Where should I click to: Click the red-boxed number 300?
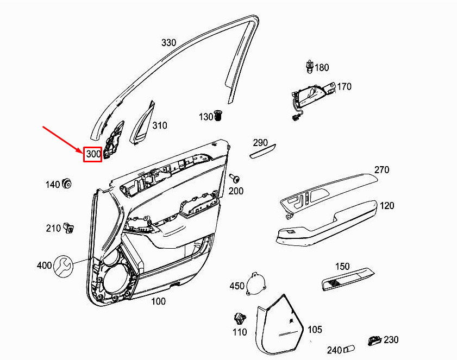coord(93,154)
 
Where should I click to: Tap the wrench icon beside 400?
coord(64,266)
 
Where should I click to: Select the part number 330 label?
coord(169,42)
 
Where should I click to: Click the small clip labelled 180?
coord(310,67)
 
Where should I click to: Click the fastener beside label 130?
coord(218,115)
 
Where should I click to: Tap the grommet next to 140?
coord(67,184)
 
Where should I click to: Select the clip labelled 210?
coord(68,228)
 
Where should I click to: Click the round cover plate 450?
coord(256,283)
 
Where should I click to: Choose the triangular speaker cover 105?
coord(280,325)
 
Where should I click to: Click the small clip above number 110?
coord(240,319)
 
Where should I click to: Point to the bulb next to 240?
coord(349,349)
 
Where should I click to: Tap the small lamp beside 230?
coord(374,340)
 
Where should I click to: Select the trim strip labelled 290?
coord(262,151)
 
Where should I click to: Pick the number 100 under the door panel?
coord(158,301)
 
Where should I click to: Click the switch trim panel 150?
coord(348,279)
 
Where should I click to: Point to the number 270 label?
coord(381,169)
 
